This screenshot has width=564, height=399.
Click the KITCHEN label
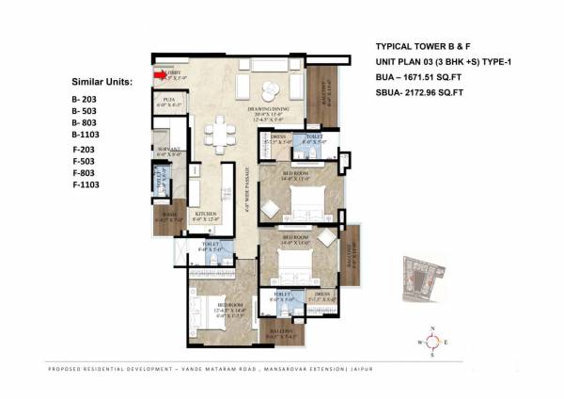tap(206, 215)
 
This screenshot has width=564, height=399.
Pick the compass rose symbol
tap(431, 343)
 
